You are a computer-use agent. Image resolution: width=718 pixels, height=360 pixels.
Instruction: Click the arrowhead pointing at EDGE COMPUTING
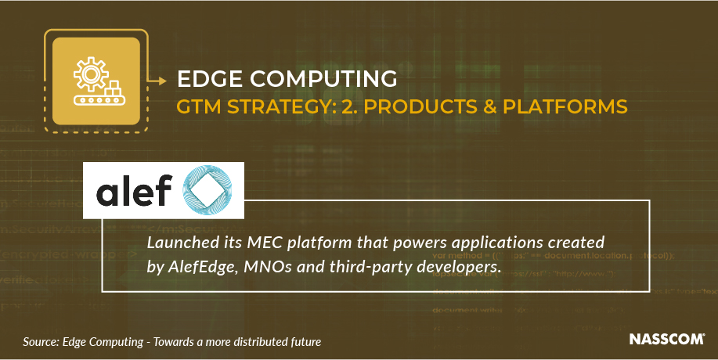(163, 79)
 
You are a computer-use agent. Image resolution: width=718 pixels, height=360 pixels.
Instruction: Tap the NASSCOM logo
(667, 340)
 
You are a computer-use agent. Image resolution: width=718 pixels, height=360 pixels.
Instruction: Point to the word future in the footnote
(303, 342)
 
